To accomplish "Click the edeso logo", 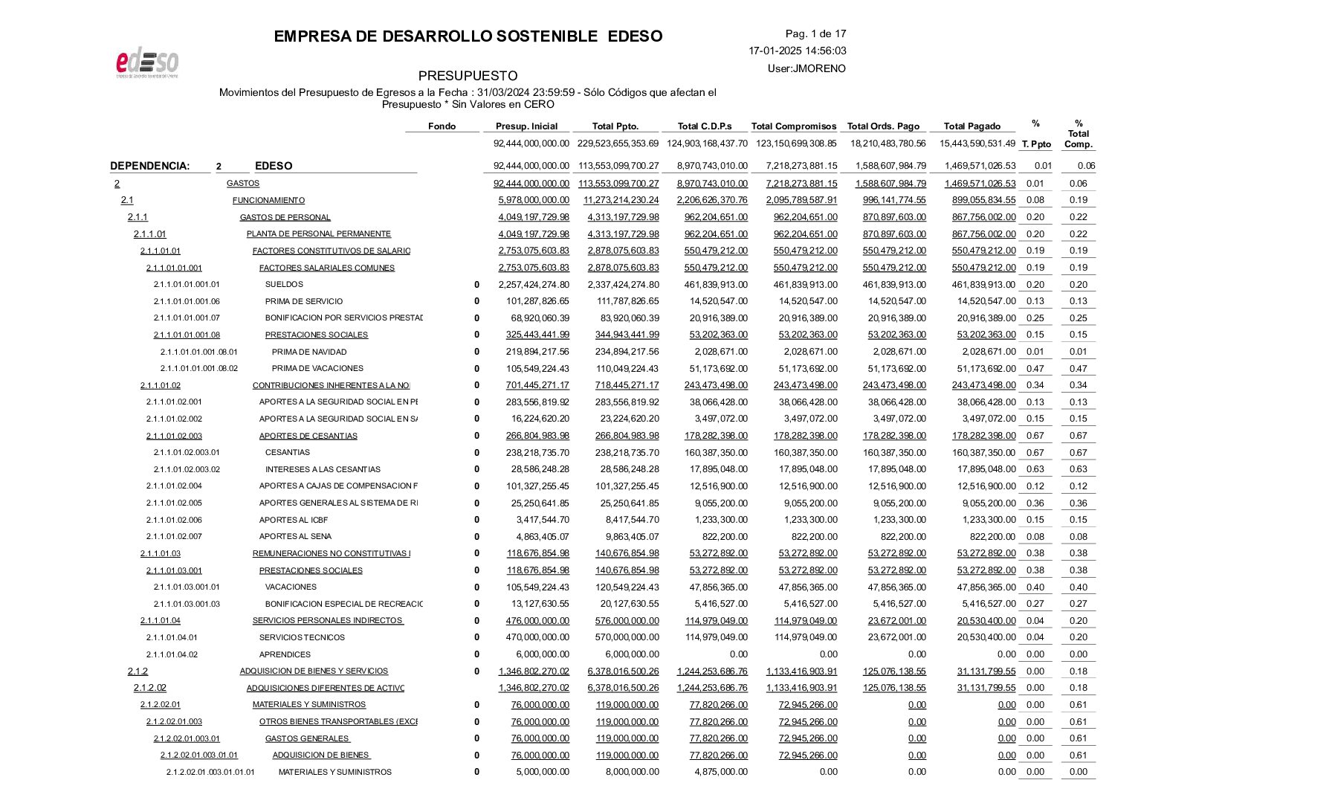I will point(147,64).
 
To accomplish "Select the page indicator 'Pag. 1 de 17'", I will point(815,33).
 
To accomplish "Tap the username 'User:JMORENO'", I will point(806,68).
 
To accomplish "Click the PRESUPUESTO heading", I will point(468,76).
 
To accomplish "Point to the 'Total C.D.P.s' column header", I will point(704,126).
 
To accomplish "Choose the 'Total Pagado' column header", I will point(971,126).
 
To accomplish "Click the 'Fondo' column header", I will point(442,126).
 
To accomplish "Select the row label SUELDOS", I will point(284,284).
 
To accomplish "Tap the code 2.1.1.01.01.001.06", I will point(187,301).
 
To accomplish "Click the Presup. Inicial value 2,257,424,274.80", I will point(532,284).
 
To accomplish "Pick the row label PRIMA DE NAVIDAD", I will point(309,352).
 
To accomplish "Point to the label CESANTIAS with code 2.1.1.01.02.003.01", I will point(288,452).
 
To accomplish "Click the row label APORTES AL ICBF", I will point(294,520).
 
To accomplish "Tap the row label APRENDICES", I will point(285,654).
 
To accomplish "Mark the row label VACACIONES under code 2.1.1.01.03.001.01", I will point(291,587).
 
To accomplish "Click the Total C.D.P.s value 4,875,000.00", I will point(720,772).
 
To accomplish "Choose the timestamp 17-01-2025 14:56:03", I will point(797,51).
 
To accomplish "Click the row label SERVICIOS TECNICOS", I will point(302,637).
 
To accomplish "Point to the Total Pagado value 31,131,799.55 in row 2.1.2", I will point(986,671).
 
